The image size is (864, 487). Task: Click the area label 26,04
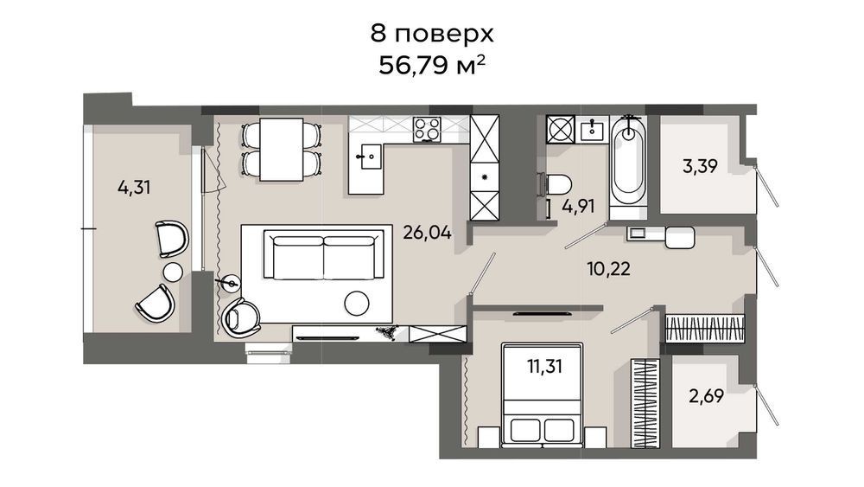pos(427,233)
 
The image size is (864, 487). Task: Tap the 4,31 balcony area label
pos(134,188)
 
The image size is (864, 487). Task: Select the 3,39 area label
pos(700,166)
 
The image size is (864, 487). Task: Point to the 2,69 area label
pos(706,395)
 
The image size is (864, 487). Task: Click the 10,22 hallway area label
pos(608,269)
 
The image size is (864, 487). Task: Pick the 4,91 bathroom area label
pos(578,206)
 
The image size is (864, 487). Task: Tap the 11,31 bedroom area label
pos(544,365)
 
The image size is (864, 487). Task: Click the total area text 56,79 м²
pos(432,67)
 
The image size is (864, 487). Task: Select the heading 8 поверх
pos(432,34)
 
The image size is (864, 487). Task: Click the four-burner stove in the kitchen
pos(427,130)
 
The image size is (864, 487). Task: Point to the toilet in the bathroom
pos(556,183)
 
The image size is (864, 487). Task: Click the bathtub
pos(627,161)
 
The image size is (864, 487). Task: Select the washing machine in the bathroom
pos(560,130)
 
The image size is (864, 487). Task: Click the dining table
pos(282,150)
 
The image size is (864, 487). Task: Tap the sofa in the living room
pos(323,255)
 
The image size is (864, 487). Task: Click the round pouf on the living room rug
pos(357,303)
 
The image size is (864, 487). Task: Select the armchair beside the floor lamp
pos(241,317)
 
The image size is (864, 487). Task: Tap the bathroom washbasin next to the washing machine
pos(593,130)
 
